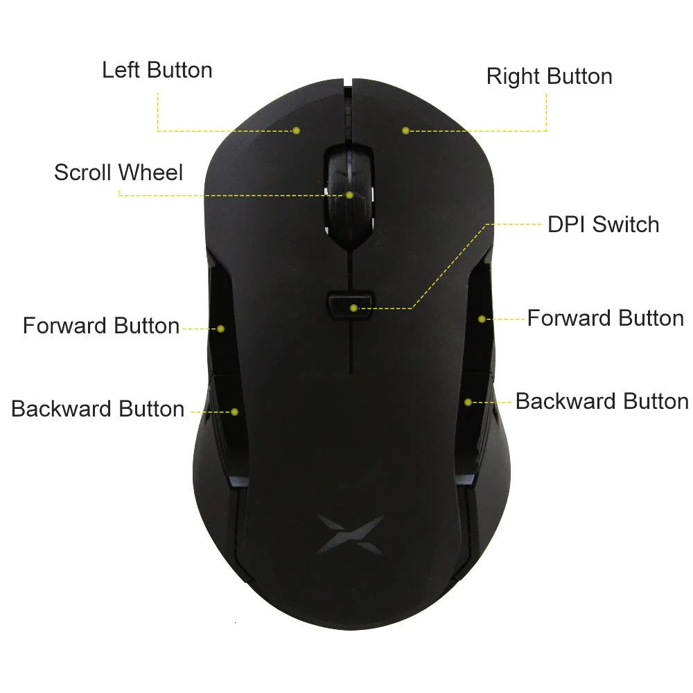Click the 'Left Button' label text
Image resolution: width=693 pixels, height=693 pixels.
[x=157, y=70]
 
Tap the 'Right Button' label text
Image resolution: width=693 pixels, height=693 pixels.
[x=549, y=76]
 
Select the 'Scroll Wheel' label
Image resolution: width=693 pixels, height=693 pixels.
[x=119, y=173]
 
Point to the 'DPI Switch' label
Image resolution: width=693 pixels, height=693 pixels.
[x=603, y=225]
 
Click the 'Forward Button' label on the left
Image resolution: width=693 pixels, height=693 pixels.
[x=101, y=326]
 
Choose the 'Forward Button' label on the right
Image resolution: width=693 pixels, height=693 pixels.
[x=605, y=318]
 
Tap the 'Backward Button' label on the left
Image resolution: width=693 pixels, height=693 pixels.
[x=98, y=409]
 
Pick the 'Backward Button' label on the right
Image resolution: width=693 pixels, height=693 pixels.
[x=602, y=401]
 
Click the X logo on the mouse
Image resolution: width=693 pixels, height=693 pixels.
[x=350, y=533]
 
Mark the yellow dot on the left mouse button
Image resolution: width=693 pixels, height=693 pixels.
[x=296, y=130]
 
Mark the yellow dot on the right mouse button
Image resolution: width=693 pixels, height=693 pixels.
[x=405, y=130]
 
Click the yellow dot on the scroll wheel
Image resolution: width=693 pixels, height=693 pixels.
[x=350, y=195]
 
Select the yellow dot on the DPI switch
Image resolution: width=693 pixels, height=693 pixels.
[x=353, y=308]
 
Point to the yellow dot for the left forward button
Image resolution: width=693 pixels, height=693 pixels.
[x=221, y=328]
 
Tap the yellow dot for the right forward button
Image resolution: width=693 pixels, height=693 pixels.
[x=482, y=319]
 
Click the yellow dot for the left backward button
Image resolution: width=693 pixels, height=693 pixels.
[x=234, y=412]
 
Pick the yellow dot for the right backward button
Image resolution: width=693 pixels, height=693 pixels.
[x=468, y=402]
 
